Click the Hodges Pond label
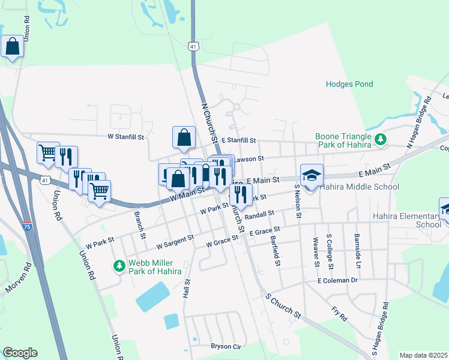[x=349, y=85]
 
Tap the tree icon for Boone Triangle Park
[x=379, y=139]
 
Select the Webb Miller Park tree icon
[x=119, y=265]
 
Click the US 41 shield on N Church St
[x=192, y=46]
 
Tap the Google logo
[x=20, y=353]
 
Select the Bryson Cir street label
[x=226, y=346]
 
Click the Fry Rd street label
[x=339, y=311]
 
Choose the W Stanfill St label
[x=125, y=137]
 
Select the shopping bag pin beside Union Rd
[x=12, y=46]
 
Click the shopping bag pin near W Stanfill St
[x=184, y=137]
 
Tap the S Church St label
[x=282, y=304]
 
